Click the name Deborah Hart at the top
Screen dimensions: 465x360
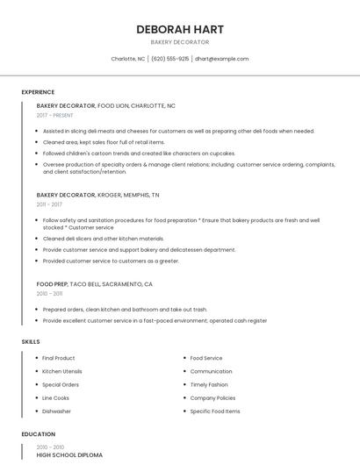coord(179,29)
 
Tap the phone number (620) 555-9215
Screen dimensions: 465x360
coord(170,59)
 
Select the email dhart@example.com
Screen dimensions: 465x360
coord(221,59)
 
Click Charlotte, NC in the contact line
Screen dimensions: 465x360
coord(128,59)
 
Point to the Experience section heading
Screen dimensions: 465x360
coord(38,92)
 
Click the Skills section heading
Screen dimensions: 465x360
coord(31,341)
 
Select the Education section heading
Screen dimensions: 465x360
coord(38,434)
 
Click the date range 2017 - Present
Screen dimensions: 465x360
coord(55,115)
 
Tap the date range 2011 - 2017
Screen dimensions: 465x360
coord(50,204)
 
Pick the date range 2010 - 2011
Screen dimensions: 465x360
coord(50,294)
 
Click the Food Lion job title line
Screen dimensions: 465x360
coord(106,105)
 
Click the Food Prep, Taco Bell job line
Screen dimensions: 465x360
coord(95,284)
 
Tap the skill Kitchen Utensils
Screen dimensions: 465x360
coord(61,371)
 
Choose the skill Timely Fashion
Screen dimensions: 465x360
coord(209,384)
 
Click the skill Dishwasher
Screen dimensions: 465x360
coord(57,411)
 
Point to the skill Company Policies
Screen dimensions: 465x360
coord(213,397)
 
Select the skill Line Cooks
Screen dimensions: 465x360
coord(55,397)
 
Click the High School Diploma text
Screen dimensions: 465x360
coord(69,455)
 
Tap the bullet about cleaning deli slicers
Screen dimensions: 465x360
coord(103,239)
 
